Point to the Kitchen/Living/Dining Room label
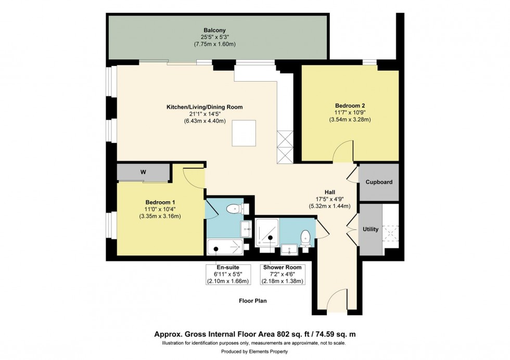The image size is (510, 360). (205, 107)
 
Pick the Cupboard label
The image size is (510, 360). (379, 183)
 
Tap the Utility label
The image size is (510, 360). (371, 229)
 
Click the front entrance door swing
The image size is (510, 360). (339, 299)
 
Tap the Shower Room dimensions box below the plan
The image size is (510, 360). (283, 274)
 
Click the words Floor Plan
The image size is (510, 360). (253, 301)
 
